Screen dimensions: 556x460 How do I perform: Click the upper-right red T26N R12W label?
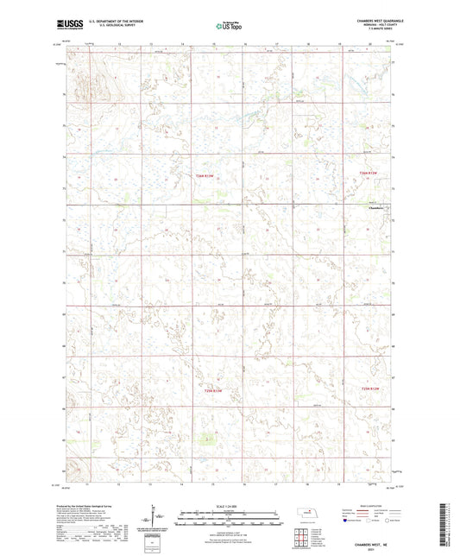(369, 174)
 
